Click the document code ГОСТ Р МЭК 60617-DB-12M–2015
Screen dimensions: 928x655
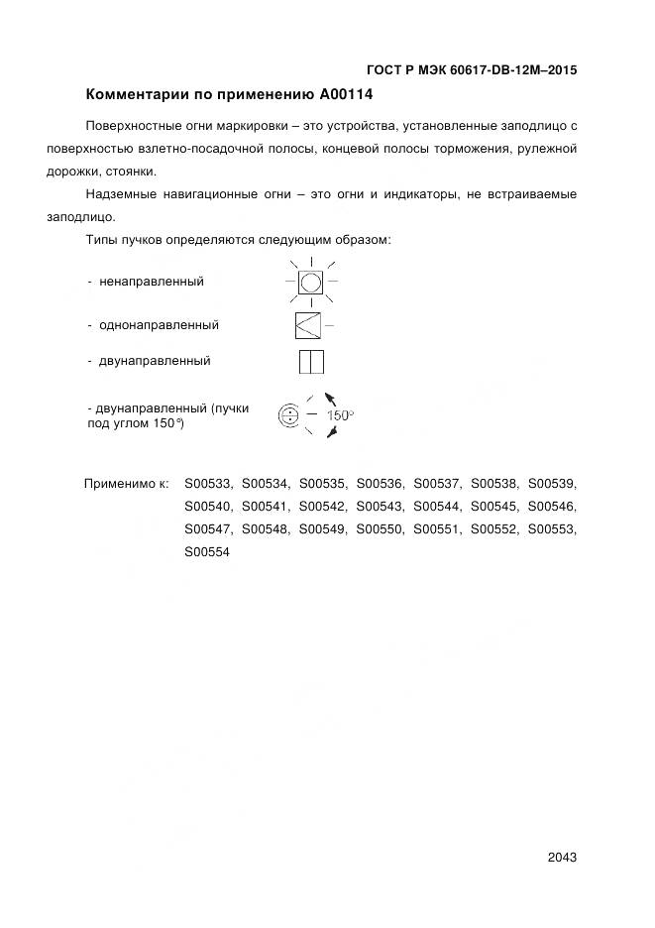472,70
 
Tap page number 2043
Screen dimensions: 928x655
561,857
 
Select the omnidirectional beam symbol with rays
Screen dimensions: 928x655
311,282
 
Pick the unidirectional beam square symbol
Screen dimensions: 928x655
308,325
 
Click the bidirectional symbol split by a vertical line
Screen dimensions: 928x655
311,362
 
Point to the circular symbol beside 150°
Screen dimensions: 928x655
288,415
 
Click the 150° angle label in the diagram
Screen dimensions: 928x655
340,415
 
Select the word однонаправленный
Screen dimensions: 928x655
159,325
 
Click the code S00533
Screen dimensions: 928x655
208,484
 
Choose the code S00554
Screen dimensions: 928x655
208,552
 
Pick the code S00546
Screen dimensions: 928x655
552,507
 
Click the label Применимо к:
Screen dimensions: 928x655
127,484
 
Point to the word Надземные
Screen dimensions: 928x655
119,194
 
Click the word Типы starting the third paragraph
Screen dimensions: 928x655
103,240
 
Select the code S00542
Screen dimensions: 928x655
323,507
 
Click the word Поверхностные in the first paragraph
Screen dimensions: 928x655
134,126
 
